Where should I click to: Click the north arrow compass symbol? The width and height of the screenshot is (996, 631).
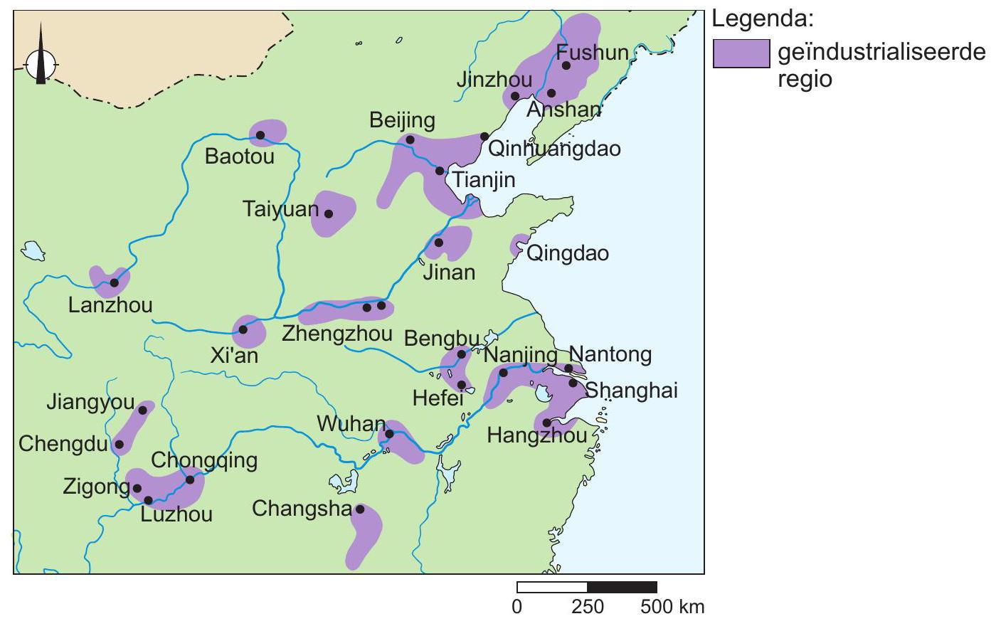point(41,64)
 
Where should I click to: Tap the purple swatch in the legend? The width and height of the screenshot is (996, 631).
point(741,53)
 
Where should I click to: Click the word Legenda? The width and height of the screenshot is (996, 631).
point(762,19)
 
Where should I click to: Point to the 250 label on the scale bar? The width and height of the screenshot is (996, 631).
point(587,608)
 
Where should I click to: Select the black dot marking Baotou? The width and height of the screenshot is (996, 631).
point(260,135)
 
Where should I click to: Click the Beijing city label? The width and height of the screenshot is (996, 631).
point(402,120)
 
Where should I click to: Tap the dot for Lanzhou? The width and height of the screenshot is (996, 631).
point(115,282)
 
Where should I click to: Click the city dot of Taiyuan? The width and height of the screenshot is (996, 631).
point(329,213)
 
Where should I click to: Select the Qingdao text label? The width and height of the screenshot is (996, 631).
point(567,254)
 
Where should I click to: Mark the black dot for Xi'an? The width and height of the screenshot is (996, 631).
point(243,329)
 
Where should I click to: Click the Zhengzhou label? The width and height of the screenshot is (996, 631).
point(337,334)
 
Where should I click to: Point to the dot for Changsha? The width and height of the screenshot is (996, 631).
point(360,509)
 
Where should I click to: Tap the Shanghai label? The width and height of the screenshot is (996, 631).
point(630,390)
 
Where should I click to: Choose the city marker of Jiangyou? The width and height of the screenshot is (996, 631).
point(142,410)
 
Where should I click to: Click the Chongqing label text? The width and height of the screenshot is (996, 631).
point(204,460)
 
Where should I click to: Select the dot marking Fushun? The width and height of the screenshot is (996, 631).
point(566,65)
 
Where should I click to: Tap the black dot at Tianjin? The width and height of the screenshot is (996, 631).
point(440,171)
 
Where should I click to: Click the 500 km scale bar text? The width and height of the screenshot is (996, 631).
point(672,608)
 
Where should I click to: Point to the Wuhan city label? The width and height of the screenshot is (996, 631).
point(351,425)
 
